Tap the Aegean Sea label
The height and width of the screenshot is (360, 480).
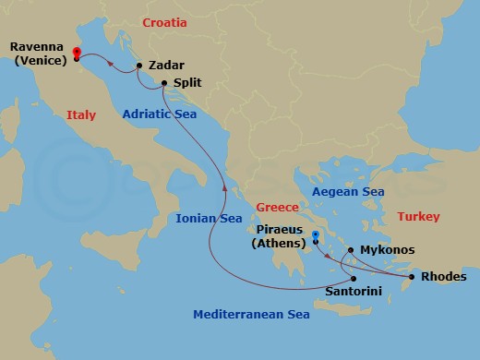348,191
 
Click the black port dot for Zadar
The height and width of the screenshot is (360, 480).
138,66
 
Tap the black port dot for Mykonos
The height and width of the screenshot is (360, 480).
351,250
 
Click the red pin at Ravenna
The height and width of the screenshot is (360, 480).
76,54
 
